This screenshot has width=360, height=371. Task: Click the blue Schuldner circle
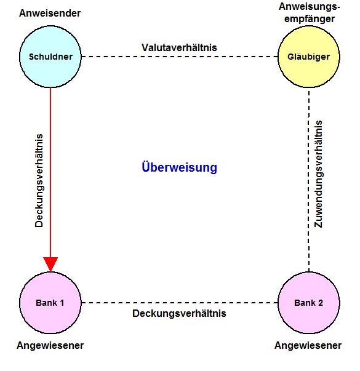(50, 57)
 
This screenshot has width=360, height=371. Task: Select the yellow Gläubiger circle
(309, 57)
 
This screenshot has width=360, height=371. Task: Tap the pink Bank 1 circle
(50, 303)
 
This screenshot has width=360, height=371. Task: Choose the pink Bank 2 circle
(309, 303)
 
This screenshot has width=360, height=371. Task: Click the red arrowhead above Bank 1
(50, 264)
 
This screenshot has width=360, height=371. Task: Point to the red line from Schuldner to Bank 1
(50, 180)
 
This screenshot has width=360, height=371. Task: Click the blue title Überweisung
(179, 167)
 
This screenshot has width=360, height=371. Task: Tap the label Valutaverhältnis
(179, 47)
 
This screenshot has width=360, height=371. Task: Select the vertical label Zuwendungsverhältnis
(318, 174)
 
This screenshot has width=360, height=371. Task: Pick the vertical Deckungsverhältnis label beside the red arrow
(39, 180)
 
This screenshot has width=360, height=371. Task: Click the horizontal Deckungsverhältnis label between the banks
(179, 313)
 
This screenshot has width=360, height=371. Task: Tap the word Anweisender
(50, 14)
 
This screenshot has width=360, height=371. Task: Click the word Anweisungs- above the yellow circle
(309, 7)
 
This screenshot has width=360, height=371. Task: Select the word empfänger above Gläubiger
(310, 18)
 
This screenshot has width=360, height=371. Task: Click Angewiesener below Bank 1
(50, 345)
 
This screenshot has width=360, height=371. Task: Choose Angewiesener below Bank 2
(308, 345)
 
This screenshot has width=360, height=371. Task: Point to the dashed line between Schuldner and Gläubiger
(180, 57)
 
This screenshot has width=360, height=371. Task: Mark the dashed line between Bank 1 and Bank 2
(180, 303)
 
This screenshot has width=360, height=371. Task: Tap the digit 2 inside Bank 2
(320, 303)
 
